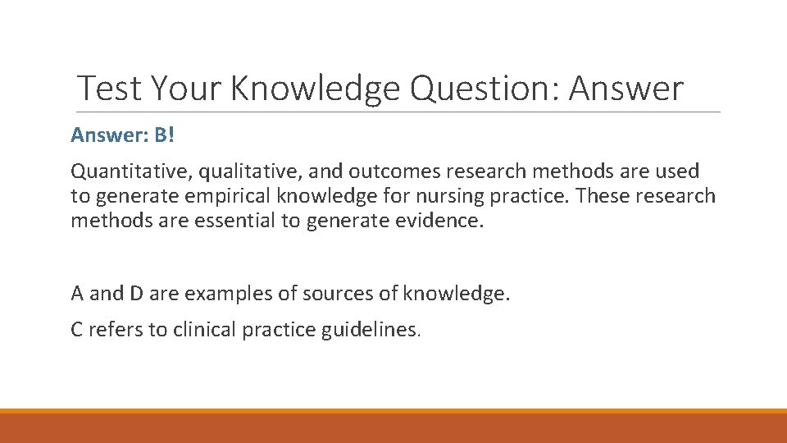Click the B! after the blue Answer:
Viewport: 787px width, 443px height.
[x=164, y=134]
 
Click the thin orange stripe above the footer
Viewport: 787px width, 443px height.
[x=393, y=411]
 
